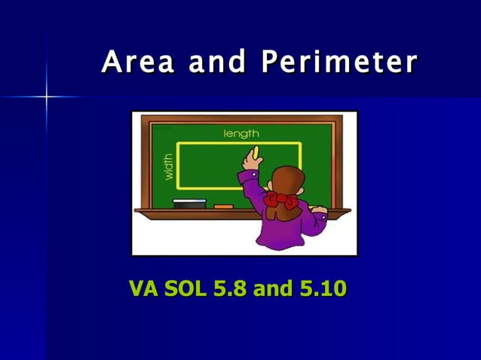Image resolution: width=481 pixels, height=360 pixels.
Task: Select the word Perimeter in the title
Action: click(x=339, y=63)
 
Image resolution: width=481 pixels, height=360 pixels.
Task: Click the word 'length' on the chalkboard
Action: click(x=241, y=133)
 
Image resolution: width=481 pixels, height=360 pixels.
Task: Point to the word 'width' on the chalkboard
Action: click(x=168, y=166)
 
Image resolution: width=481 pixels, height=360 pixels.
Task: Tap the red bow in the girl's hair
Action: click(x=280, y=200)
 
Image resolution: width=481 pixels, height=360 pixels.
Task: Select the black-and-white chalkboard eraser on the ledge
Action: click(x=189, y=203)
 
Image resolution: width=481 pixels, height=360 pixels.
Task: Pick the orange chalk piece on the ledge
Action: click(x=223, y=206)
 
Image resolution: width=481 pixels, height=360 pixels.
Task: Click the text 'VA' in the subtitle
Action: click(x=142, y=288)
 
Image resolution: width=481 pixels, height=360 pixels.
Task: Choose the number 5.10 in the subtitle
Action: click(x=323, y=288)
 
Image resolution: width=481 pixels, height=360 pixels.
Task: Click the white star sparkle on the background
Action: click(x=46, y=96)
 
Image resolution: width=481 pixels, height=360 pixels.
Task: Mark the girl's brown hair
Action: click(x=284, y=184)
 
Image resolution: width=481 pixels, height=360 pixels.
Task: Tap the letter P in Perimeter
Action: click(x=270, y=63)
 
